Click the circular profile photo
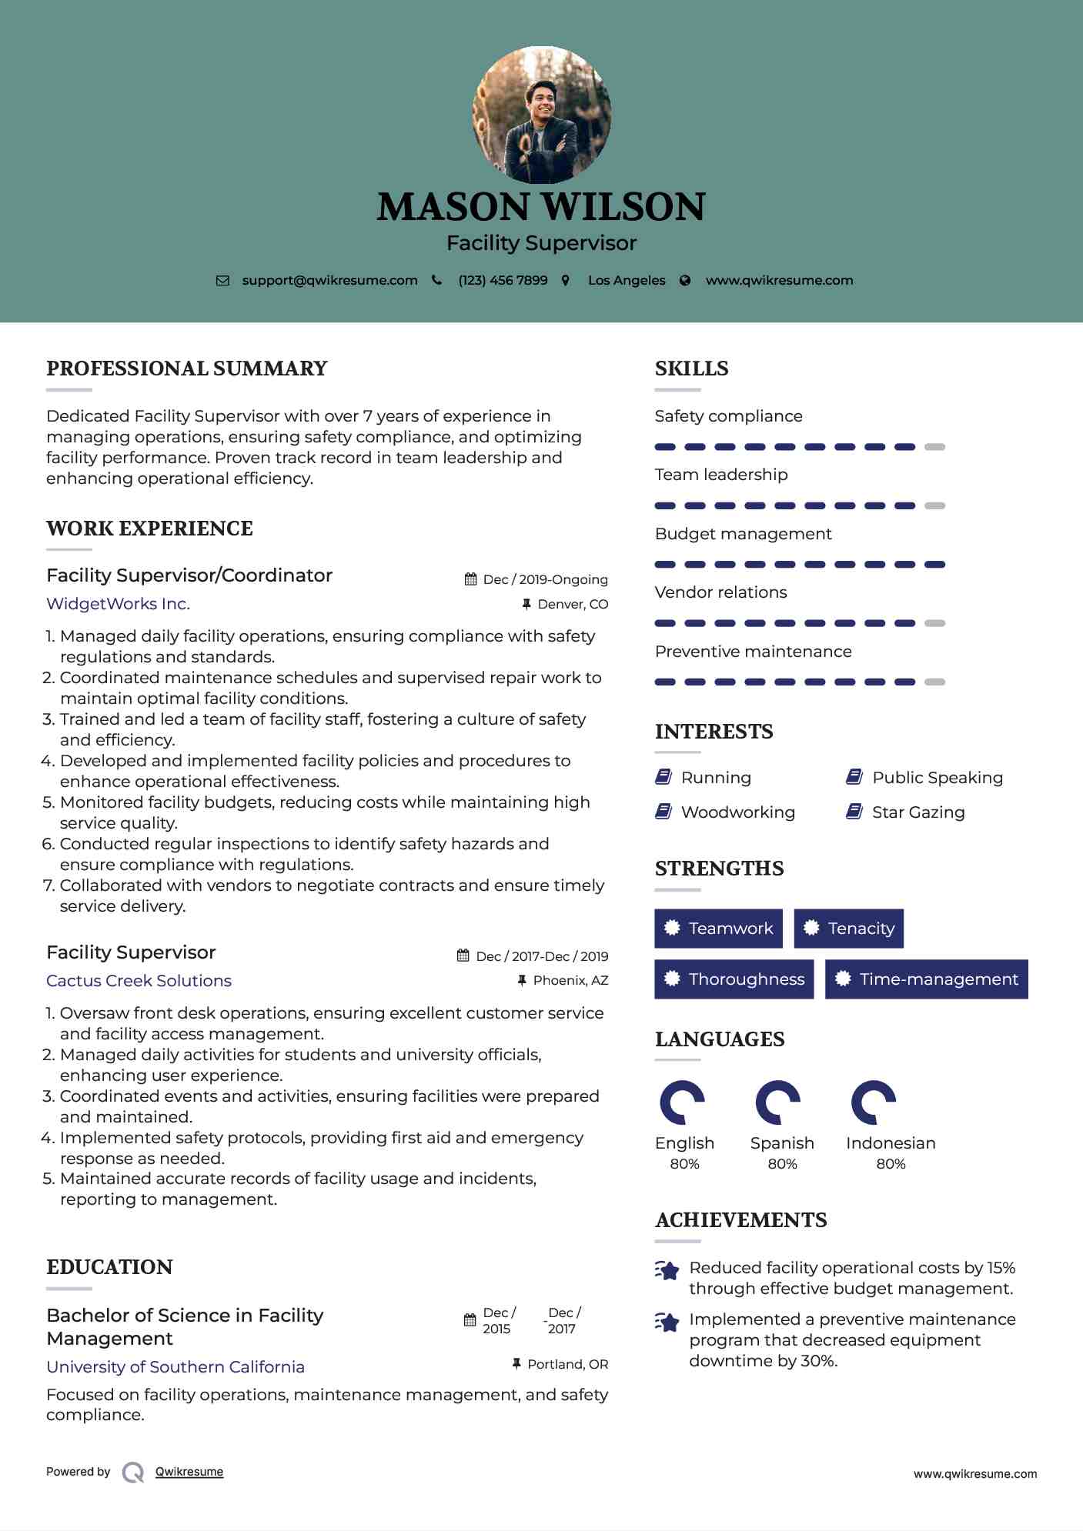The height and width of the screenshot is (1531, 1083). (541, 115)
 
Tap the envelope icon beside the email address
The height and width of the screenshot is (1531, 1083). (222, 281)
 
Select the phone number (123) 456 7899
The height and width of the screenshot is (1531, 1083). (503, 281)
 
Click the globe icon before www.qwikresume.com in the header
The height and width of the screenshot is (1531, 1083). (685, 281)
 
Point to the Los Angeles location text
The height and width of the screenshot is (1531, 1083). (627, 281)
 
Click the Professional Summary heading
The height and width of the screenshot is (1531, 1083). (187, 369)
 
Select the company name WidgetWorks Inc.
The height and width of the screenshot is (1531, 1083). (118, 604)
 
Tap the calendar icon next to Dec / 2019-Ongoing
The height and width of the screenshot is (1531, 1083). (470, 579)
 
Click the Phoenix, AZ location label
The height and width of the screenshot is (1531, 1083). (570, 980)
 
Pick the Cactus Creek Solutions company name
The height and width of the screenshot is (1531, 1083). (139, 981)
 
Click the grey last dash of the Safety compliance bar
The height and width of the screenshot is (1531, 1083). (934, 447)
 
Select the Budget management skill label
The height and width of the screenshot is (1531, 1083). (743, 534)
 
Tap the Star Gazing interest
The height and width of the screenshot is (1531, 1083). (918, 812)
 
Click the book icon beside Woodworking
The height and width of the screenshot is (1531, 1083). (663, 812)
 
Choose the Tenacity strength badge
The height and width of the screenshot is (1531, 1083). (848, 929)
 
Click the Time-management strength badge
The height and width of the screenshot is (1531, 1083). (926, 979)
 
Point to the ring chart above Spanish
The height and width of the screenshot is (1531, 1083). (777, 1102)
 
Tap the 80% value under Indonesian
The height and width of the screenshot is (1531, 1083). (891, 1164)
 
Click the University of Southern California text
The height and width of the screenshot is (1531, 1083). (175, 1367)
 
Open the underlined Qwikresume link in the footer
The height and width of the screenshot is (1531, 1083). (189, 1472)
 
